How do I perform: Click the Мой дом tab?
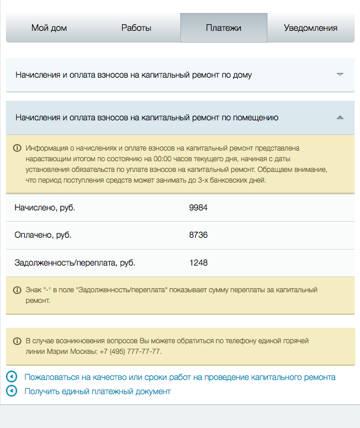click(49, 28)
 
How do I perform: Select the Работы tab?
click(136, 28)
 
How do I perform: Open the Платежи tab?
click(224, 28)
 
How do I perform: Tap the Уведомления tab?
click(311, 28)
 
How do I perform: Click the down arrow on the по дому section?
click(340, 75)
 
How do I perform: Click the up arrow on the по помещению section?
click(340, 117)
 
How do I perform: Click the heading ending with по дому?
click(134, 75)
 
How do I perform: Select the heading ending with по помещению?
click(147, 117)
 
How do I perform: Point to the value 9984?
click(198, 207)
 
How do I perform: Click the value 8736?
click(198, 235)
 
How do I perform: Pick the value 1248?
click(198, 262)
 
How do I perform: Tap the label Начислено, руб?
click(45, 207)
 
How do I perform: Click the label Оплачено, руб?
click(43, 235)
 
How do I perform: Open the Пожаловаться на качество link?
click(180, 377)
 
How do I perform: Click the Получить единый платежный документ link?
click(97, 391)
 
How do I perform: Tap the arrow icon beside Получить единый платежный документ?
click(11, 391)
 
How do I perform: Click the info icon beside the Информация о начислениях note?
click(17, 148)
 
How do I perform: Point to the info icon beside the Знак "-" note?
click(17, 290)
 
